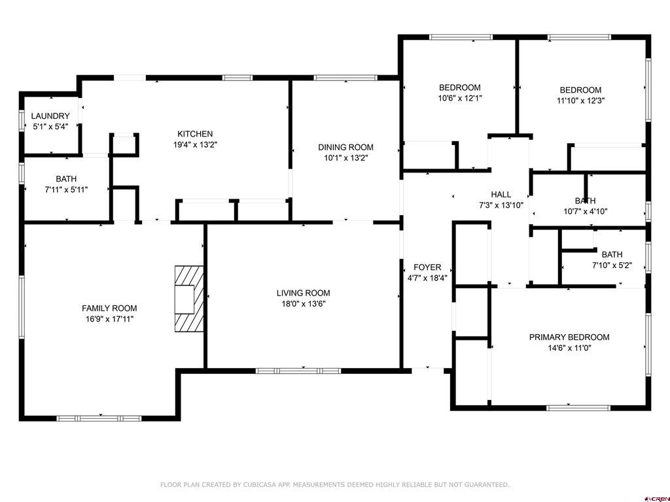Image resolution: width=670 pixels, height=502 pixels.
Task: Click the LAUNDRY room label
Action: [x=51, y=116]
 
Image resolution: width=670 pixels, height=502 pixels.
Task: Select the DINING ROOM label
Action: [x=345, y=147]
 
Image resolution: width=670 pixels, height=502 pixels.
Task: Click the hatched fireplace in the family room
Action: [x=188, y=298]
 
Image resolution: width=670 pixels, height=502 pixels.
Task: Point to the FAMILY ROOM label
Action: [x=109, y=308]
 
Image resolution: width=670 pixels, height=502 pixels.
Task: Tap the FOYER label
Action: [x=427, y=267]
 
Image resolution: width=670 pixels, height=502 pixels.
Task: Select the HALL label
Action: [x=501, y=194]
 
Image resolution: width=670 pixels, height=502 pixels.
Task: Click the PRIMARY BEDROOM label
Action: [x=569, y=337]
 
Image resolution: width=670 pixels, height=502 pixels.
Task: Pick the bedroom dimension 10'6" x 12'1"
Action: [x=460, y=98]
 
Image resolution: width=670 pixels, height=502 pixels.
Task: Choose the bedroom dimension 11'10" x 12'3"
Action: [x=580, y=101]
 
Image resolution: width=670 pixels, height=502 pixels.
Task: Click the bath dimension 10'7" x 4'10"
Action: [x=585, y=211]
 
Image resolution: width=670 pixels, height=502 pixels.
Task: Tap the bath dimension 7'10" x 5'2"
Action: [x=612, y=265]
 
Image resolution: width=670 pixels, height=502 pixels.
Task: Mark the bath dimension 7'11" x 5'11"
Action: [x=66, y=190]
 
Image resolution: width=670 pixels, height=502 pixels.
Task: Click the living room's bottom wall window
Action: [x=298, y=371]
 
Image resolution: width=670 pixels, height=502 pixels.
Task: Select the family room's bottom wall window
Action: [x=99, y=418]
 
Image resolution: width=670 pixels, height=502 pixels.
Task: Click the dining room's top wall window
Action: [x=345, y=78]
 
